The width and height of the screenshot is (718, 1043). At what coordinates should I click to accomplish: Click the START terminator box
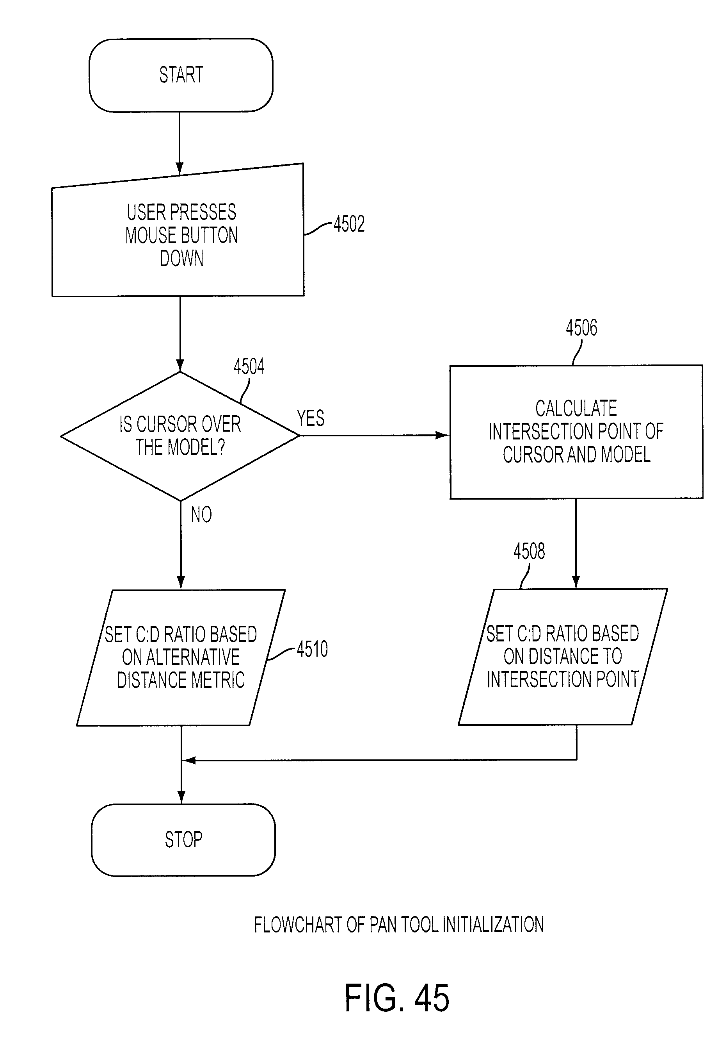[x=181, y=75]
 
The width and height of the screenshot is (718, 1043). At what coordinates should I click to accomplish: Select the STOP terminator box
[x=183, y=839]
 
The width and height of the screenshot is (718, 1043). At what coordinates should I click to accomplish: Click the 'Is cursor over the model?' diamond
[x=180, y=436]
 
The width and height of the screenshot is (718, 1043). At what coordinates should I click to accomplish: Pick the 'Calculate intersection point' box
[x=576, y=432]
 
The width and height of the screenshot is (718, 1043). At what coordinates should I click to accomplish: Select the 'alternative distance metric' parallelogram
[x=181, y=657]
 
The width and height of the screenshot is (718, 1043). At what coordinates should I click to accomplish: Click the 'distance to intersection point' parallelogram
[x=563, y=657]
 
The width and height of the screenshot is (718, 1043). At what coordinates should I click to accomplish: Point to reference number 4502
[x=349, y=224]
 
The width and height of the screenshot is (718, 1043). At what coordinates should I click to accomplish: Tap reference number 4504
[x=249, y=366]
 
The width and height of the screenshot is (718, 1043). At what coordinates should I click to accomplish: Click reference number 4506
[x=581, y=327]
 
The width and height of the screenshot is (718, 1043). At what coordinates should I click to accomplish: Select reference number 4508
[x=529, y=551]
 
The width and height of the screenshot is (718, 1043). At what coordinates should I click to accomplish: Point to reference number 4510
[x=312, y=649]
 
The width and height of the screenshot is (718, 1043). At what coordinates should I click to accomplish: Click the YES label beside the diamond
[x=310, y=418]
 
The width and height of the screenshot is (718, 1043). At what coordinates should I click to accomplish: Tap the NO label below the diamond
[x=201, y=514]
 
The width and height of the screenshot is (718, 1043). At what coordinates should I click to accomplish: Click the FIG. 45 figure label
[x=397, y=998]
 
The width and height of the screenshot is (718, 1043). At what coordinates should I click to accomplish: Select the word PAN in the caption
[x=383, y=925]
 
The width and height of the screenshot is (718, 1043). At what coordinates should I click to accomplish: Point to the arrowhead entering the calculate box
[x=443, y=436]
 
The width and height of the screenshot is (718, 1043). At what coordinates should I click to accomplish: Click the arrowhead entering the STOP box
[x=181, y=797]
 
